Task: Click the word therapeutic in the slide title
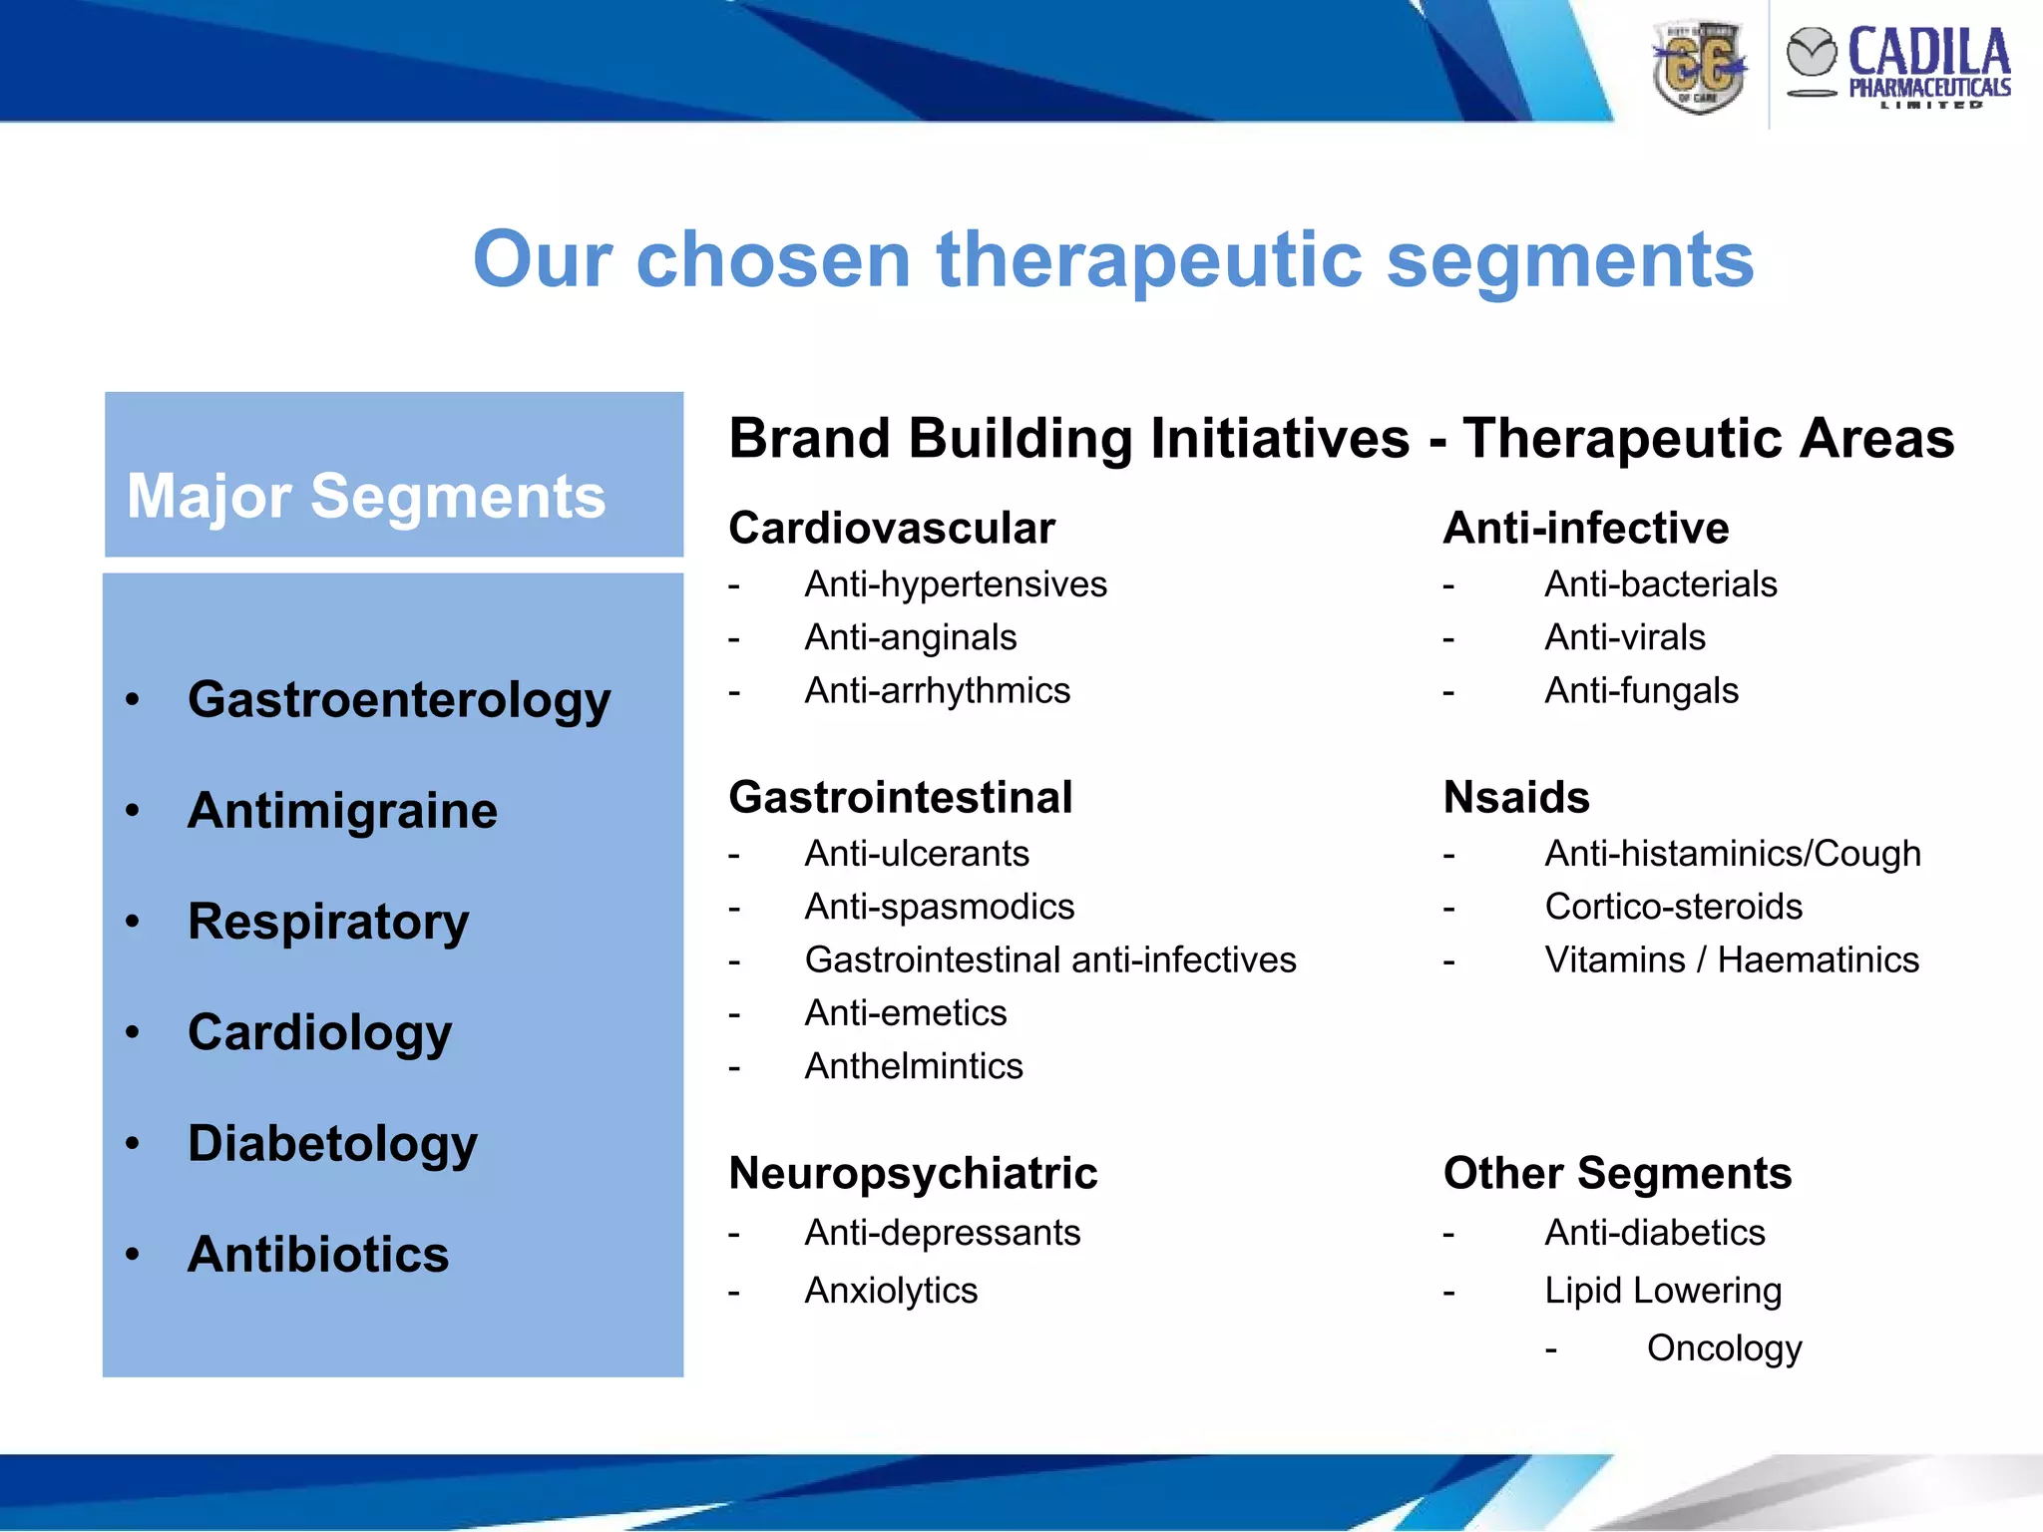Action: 1148,260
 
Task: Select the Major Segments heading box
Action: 393,476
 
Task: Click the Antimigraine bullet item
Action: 342,811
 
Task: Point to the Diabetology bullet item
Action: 332,1143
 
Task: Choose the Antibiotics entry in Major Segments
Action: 318,1254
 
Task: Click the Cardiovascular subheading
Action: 891,529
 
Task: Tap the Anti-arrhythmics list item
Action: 937,691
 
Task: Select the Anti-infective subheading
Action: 1585,529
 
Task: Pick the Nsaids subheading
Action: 1515,798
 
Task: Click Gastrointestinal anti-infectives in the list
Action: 1049,960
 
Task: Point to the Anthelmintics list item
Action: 913,1067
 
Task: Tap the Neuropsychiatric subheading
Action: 912,1174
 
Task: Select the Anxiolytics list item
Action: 890,1292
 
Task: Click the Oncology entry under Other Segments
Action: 1723,1348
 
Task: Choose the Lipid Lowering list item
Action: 1662,1292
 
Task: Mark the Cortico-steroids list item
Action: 1673,908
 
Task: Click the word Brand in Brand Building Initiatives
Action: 809,439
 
